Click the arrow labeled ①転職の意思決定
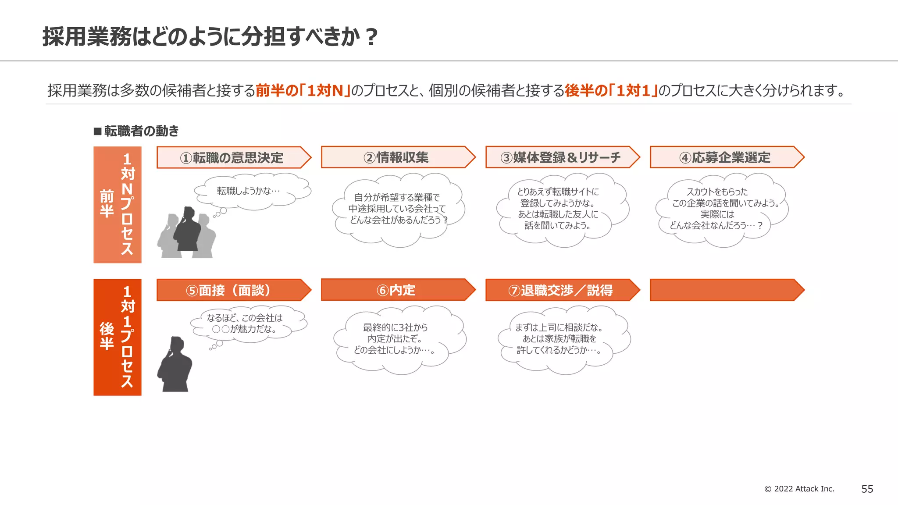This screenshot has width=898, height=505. (x=232, y=157)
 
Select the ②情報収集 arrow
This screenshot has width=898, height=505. (x=397, y=157)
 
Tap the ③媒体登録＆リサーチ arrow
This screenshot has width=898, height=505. (x=561, y=157)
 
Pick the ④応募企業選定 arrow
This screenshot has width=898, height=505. (x=726, y=157)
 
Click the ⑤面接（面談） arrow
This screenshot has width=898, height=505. (x=232, y=290)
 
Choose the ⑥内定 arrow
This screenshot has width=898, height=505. (x=397, y=290)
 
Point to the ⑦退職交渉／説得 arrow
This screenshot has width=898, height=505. (x=561, y=290)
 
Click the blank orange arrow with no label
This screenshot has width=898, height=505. (x=726, y=290)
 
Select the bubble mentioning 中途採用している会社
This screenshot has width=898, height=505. (x=397, y=209)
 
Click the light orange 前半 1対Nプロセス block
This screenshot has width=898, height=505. (x=117, y=205)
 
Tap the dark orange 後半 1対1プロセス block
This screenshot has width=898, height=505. (x=117, y=337)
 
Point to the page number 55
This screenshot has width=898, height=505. (x=867, y=489)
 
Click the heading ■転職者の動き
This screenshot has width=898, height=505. (x=136, y=131)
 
